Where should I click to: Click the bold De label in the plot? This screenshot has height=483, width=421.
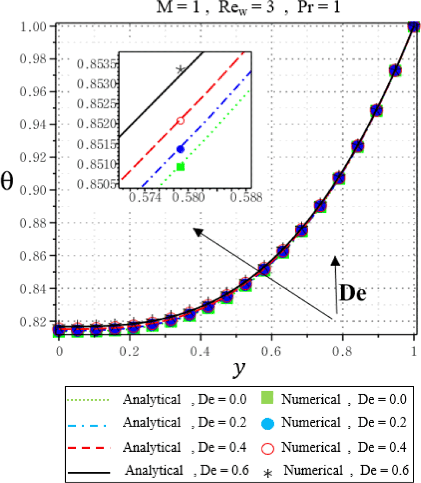click(352, 294)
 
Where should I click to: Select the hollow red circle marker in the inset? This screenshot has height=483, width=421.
click(180, 121)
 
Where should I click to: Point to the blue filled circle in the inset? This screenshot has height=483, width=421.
click(180, 149)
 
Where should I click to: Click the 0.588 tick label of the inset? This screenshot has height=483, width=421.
click(246, 198)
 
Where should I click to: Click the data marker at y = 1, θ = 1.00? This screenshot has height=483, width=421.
click(414, 26)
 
